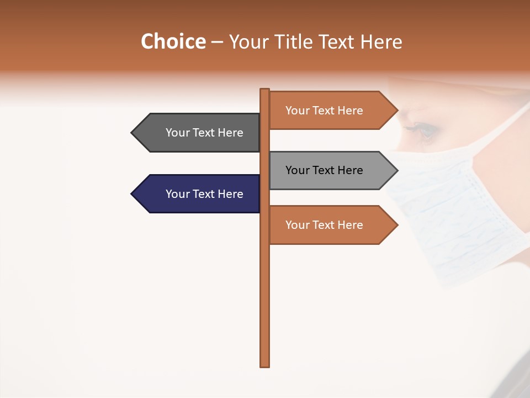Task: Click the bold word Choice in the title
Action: [x=173, y=41]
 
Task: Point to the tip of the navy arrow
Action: [x=132, y=194]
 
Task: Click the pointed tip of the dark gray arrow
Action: [x=132, y=133]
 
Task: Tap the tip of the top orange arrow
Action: [x=397, y=111]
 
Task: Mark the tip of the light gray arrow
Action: [x=397, y=170]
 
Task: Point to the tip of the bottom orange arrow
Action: [x=397, y=225]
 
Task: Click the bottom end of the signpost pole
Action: [x=265, y=365]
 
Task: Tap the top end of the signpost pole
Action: [x=265, y=90]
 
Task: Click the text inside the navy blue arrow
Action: [x=204, y=194]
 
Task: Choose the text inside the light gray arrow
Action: [x=324, y=170]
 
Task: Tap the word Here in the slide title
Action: [x=381, y=42]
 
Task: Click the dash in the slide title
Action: [x=217, y=43]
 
